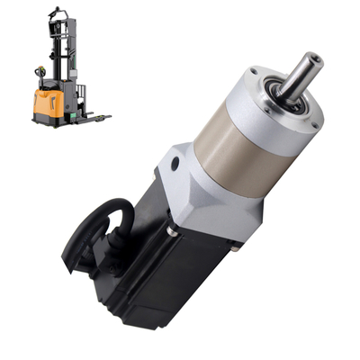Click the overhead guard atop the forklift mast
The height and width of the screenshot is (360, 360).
[x=56, y=13]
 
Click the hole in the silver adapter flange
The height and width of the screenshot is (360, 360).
[x=170, y=165]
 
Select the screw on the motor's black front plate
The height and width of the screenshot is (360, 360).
[x=171, y=230]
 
